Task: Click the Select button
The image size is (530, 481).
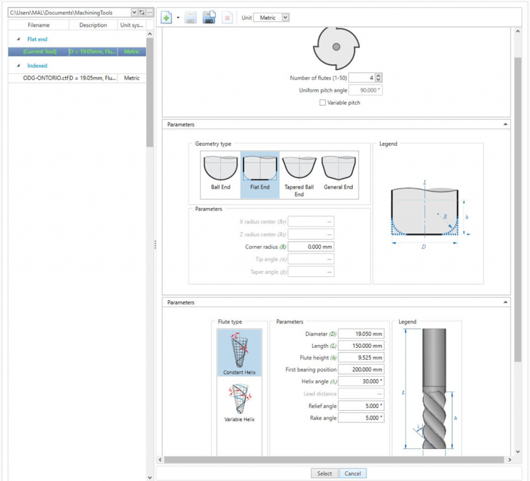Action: click(x=325, y=473)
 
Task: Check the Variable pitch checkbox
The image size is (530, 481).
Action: click(x=322, y=103)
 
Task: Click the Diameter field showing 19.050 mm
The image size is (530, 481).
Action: click(x=361, y=334)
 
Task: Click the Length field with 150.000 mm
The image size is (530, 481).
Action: click(x=361, y=346)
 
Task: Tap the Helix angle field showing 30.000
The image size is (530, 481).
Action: click(x=361, y=382)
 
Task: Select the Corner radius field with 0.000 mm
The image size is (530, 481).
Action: click(x=311, y=247)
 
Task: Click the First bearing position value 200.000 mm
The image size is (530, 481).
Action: click(x=361, y=370)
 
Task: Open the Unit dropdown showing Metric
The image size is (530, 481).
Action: click(x=271, y=18)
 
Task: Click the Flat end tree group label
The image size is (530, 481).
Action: click(x=38, y=39)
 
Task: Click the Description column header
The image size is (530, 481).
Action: click(x=93, y=25)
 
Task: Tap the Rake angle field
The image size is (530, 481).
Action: click(x=361, y=418)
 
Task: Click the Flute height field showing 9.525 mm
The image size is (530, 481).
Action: click(x=361, y=358)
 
